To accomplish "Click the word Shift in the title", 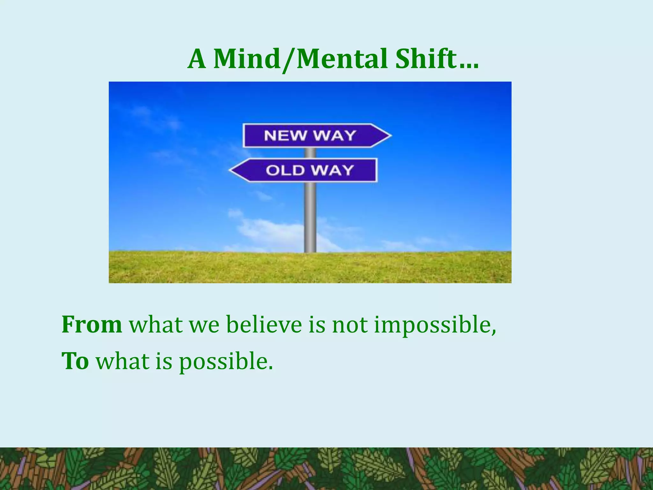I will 426,59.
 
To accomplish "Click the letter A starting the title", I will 196,60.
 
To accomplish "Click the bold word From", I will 92,325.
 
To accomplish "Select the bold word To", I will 75,361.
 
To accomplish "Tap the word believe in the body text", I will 264,325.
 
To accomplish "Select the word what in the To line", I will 123,361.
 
